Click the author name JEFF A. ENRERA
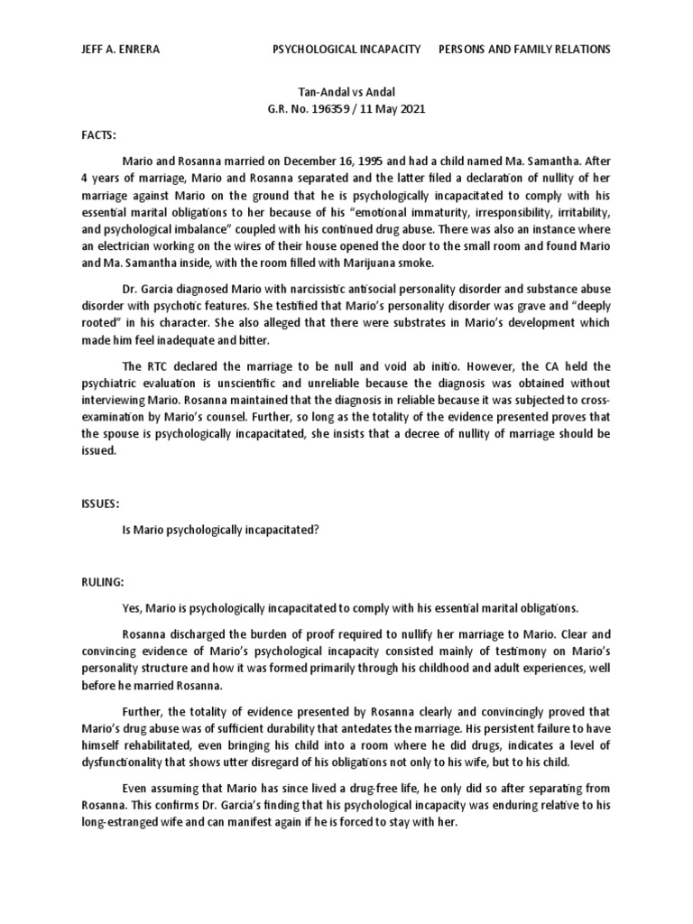[120, 49]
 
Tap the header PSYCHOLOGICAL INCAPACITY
[346, 49]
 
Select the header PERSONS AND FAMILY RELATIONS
[524, 49]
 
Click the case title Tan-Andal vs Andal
[346, 93]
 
